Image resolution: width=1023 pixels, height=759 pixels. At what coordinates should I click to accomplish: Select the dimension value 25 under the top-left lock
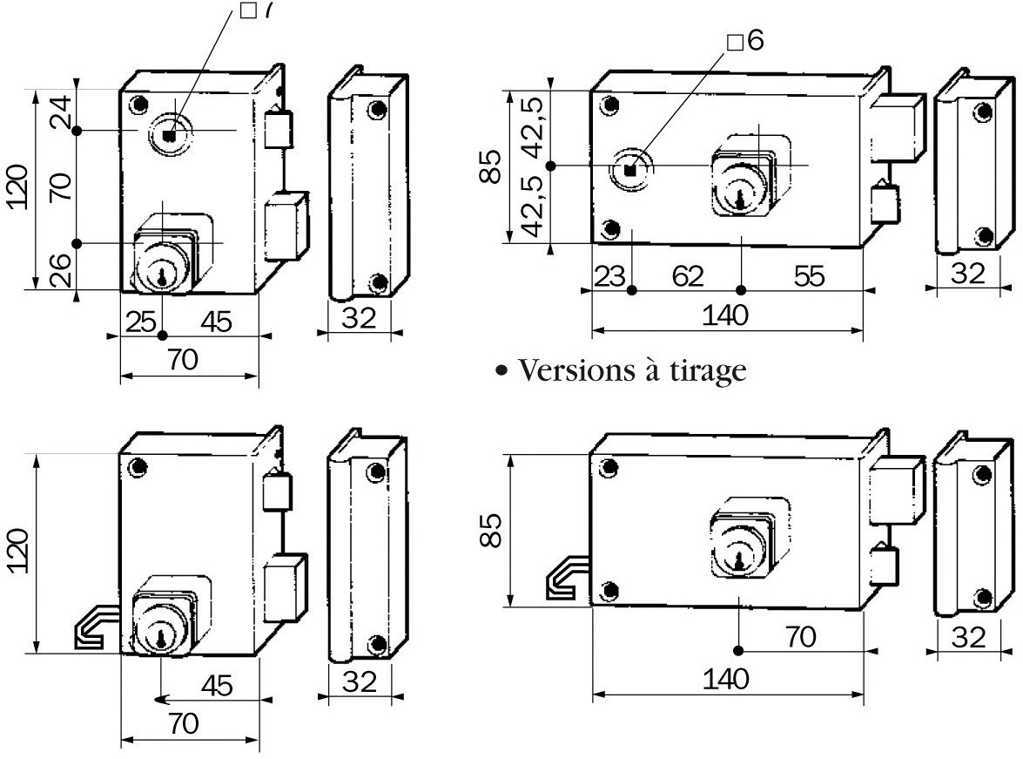[140, 322]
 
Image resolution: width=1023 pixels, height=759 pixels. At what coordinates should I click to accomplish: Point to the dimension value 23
[610, 276]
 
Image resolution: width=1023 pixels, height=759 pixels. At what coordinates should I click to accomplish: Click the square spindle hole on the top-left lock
[170, 134]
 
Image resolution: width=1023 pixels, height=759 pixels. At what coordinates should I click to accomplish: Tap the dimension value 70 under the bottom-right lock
[801, 637]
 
